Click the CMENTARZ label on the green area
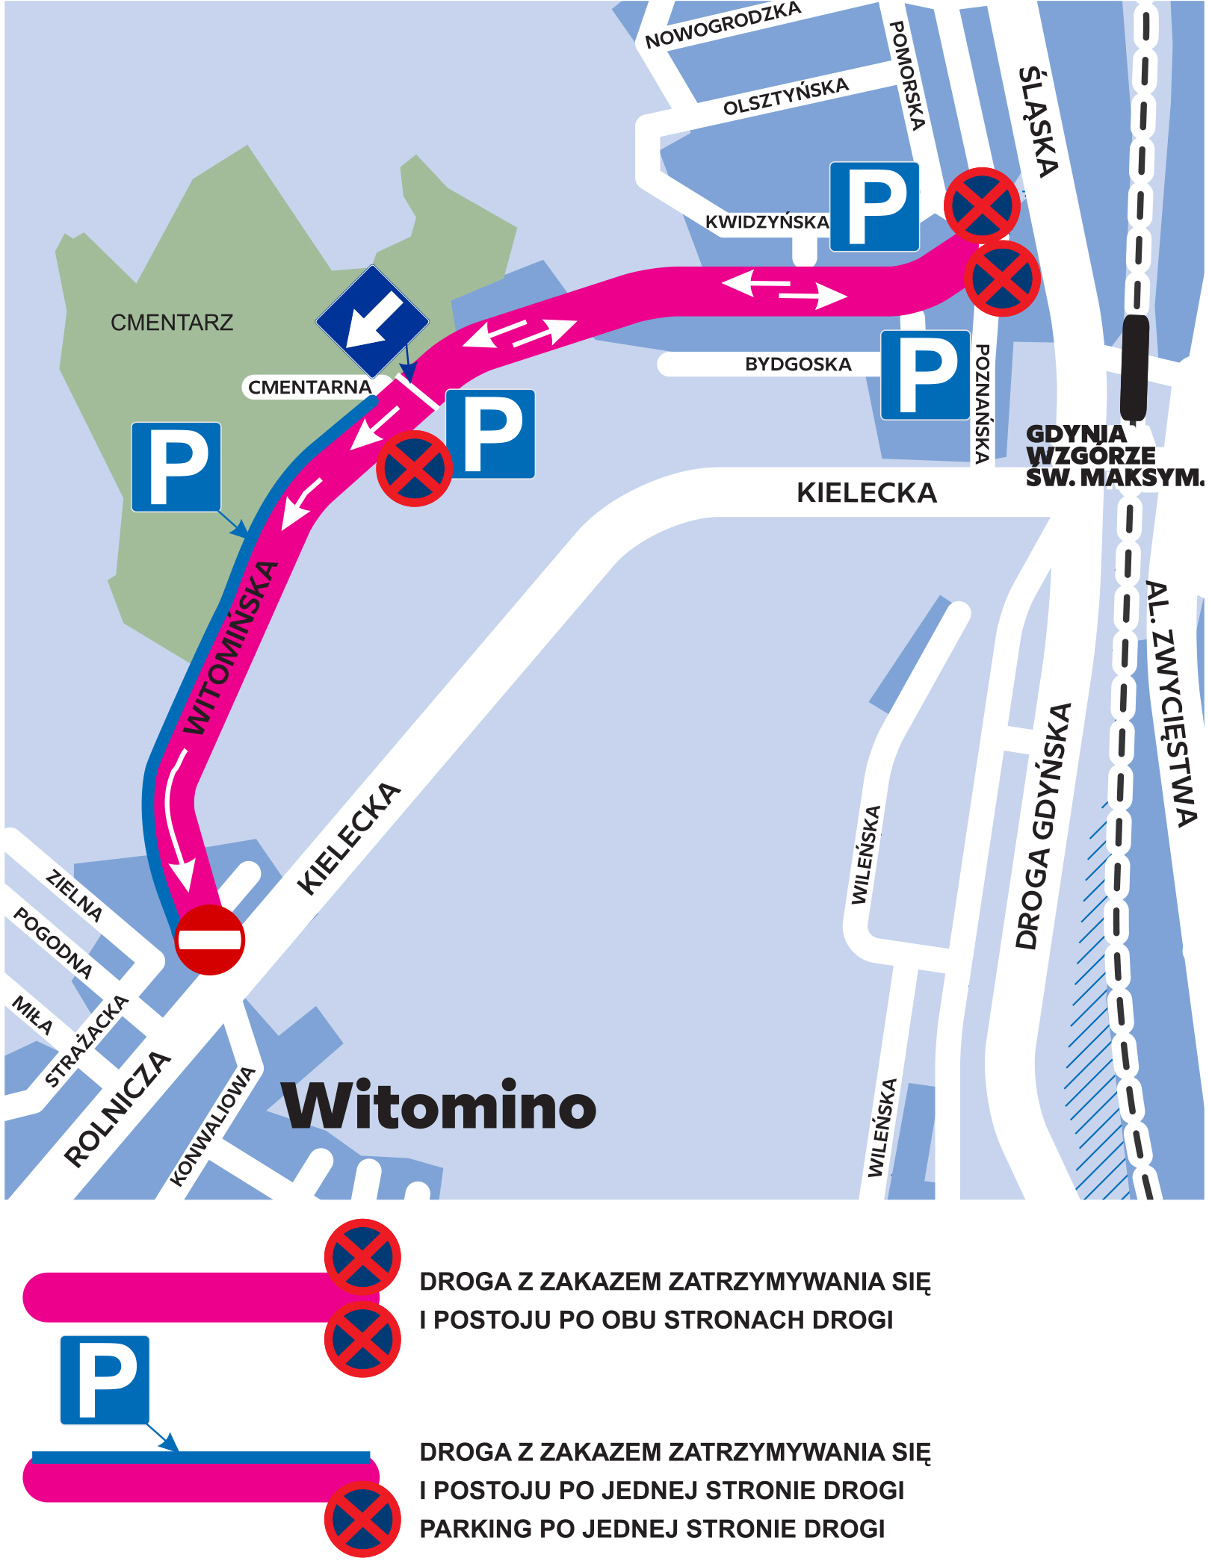click(172, 323)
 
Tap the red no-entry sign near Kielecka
click(209, 940)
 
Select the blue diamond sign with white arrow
click(372, 320)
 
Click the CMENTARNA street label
click(309, 387)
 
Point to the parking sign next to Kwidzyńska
click(874, 206)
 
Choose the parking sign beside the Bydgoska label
click(925, 375)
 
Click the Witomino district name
click(439, 1105)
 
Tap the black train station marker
click(1134, 366)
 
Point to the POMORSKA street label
click(908, 75)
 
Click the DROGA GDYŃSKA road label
click(1043, 825)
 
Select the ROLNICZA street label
click(117, 1108)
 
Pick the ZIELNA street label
click(74, 896)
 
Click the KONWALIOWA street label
click(213, 1126)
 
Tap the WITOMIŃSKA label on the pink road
click(231, 648)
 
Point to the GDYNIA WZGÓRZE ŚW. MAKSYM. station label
click(1113, 456)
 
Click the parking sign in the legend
click(105, 1380)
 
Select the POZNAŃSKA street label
click(983, 403)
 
